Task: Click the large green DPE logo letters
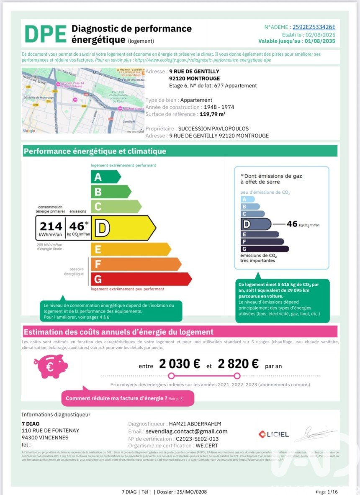(45, 33)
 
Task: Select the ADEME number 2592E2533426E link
(314, 27)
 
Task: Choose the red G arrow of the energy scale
(141, 279)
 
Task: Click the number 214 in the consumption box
(51, 226)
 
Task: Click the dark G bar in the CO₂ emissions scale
(265, 249)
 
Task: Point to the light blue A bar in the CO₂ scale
(248, 199)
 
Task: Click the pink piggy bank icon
(50, 366)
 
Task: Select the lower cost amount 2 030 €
(179, 364)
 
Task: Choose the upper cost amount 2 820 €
(237, 364)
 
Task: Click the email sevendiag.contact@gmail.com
(186, 431)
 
